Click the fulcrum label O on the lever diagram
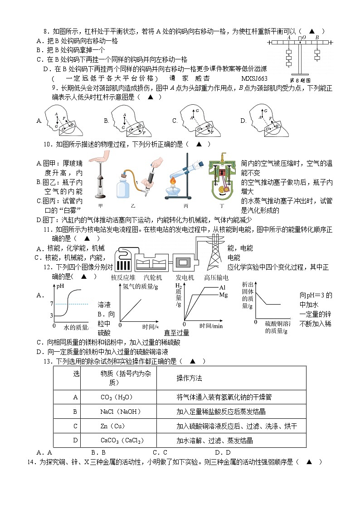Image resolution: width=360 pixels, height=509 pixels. point(303,38)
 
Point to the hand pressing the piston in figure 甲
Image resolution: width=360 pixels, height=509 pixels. point(100,157)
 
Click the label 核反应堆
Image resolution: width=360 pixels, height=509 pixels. point(123,277)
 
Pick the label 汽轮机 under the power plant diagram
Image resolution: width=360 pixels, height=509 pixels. point(153,277)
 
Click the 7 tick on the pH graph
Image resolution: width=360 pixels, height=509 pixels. point(52,303)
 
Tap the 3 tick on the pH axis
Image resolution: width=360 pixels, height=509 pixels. point(52,315)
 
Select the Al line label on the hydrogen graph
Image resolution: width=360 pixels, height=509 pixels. point(222,287)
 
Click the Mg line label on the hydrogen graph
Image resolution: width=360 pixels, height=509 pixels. point(223,295)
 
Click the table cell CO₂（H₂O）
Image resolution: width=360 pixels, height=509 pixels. point(116,398)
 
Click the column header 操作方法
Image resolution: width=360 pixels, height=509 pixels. point(189,378)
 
